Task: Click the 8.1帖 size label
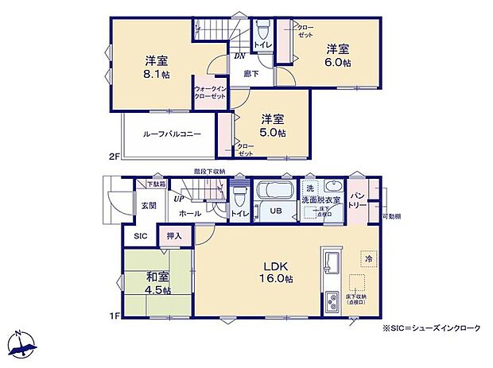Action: [155, 76]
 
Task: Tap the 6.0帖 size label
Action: [338, 63]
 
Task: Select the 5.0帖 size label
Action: [272, 133]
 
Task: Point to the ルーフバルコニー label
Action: [172, 134]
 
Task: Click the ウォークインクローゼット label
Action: [210, 97]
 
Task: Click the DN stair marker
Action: [239, 56]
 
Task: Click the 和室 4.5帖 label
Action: [157, 283]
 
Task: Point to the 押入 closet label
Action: [174, 236]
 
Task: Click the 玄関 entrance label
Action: [149, 206]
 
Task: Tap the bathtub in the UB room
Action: [274, 192]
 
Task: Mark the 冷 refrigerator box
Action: [367, 259]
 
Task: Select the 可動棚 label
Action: [390, 216]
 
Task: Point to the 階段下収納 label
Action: [209, 172]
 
